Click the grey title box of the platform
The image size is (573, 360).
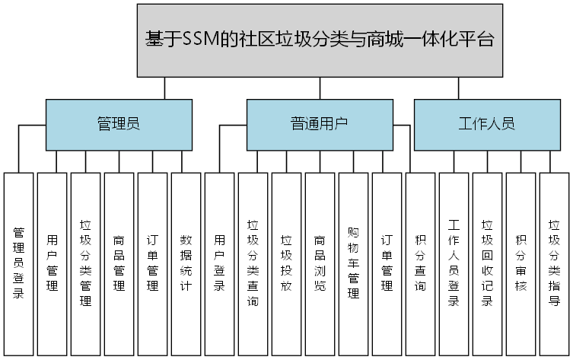320,40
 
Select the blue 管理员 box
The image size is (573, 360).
118,124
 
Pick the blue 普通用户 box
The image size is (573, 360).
320,124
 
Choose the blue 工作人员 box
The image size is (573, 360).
487,124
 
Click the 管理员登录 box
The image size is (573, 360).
19,263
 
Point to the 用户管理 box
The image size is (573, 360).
53,263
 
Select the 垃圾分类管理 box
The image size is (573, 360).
86,263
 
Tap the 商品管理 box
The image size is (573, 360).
119,263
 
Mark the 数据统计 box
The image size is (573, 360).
186,263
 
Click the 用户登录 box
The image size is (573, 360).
220,263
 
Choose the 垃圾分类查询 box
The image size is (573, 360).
253,263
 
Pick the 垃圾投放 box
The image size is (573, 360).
287,263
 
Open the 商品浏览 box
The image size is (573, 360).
320,263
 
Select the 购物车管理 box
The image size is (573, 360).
354,263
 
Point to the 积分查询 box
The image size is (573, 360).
421,263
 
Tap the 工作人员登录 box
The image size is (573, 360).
454,263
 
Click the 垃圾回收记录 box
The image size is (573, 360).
488,263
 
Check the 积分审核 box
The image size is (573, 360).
521,263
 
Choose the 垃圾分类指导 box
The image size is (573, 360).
555,263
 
